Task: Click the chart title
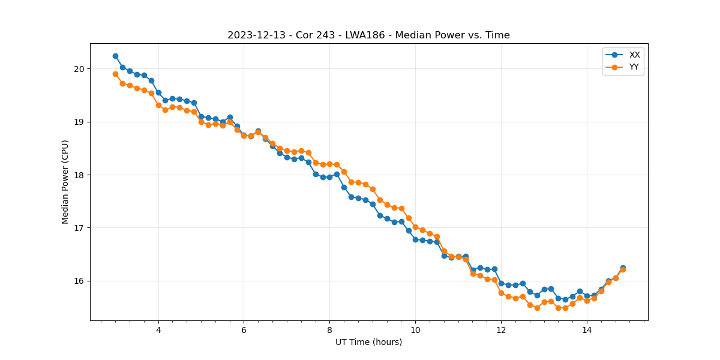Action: pyautogui.click(x=368, y=35)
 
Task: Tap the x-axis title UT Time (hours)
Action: pyautogui.click(x=368, y=342)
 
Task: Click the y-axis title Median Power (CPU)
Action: pyautogui.click(x=65, y=182)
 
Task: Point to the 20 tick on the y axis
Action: pyautogui.click(x=80, y=69)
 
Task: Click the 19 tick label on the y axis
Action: pyautogui.click(x=80, y=122)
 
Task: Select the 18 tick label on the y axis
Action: pyautogui.click(x=80, y=175)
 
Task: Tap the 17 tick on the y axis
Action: pyautogui.click(x=80, y=228)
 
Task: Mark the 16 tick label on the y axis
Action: pyautogui.click(x=80, y=281)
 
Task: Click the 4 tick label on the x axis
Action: pyautogui.click(x=158, y=330)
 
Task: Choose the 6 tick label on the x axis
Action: pyautogui.click(x=244, y=330)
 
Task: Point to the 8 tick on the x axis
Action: pyautogui.click(x=329, y=330)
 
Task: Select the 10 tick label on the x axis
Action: pyautogui.click(x=415, y=330)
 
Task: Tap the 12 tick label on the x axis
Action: pyautogui.click(x=501, y=330)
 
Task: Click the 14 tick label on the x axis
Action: pyautogui.click(x=587, y=330)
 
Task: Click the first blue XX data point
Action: pyautogui.click(x=115, y=56)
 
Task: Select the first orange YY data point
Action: pyautogui.click(x=115, y=74)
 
